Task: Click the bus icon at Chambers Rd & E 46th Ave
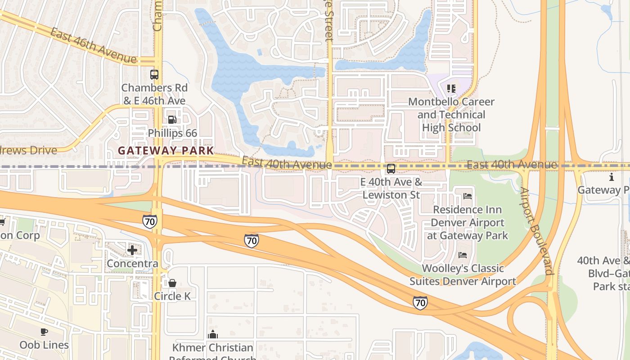click(154, 75)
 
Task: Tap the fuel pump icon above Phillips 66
click(172, 120)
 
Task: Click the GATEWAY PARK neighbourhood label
click(166, 151)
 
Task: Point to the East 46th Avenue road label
click(93, 46)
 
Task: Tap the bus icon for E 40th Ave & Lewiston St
click(391, 169)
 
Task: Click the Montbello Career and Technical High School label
click(451, 115)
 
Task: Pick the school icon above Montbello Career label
click(451, 89)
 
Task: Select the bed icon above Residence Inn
click(468, 196)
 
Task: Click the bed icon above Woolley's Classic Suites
click(462, 255)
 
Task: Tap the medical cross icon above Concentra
click(132, 250)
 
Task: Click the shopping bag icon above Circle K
click(172, 283)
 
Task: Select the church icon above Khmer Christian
click(213, 334)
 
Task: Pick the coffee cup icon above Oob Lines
click(44, 332)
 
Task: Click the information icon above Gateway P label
click(611, 177)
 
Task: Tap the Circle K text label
click(172, 296)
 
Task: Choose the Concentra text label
click(132, 263)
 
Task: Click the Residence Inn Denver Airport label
click(468, 222)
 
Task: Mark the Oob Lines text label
click(44, 345)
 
